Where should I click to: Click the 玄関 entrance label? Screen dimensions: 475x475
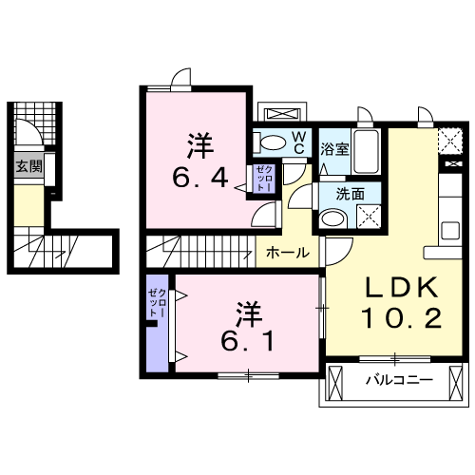tap(29, 166)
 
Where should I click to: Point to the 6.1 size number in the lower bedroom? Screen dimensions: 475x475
tap(249, 340)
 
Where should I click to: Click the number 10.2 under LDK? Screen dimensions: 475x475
tap(400, 318)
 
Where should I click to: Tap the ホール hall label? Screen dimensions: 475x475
tap(286, 253)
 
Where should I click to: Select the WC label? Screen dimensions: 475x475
tap(297, 142)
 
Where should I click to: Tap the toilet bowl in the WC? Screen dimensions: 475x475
tap(273, 143)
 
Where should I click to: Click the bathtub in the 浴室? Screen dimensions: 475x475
tap(367, 151)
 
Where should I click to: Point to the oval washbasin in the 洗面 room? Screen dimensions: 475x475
tap(332, 218)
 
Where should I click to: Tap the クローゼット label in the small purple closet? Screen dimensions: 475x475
tap(264, 178)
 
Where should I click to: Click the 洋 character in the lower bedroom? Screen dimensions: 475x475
tap(249, 312)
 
